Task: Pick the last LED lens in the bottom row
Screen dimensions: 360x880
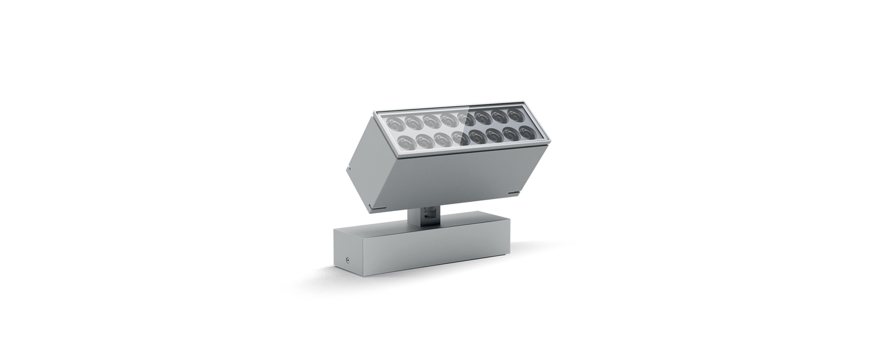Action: [x=526, y=132]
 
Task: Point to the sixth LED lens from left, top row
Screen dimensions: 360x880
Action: [x=481, y=116]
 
